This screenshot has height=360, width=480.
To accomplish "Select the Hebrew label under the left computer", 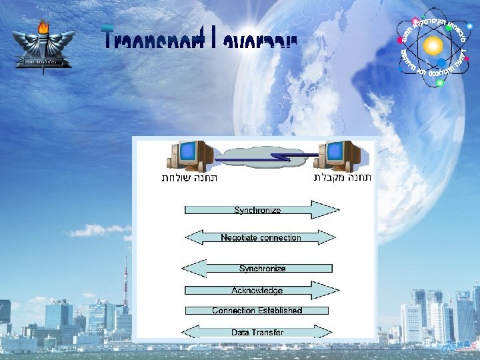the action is pyautogui.click(x=189, y=178).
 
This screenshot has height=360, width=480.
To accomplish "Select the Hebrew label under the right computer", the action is pyautogui.click(x=343, y=177).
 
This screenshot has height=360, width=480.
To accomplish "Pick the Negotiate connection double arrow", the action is pyautogui.click(x=260, y=237).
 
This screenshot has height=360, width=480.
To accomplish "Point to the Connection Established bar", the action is pyautogui.click(x=257, y=311).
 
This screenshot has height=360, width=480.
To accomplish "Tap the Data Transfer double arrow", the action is pyautogui.click(x=257, y=332).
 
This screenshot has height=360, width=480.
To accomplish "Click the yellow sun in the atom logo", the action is pyautogui.click(x=433, y=45).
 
